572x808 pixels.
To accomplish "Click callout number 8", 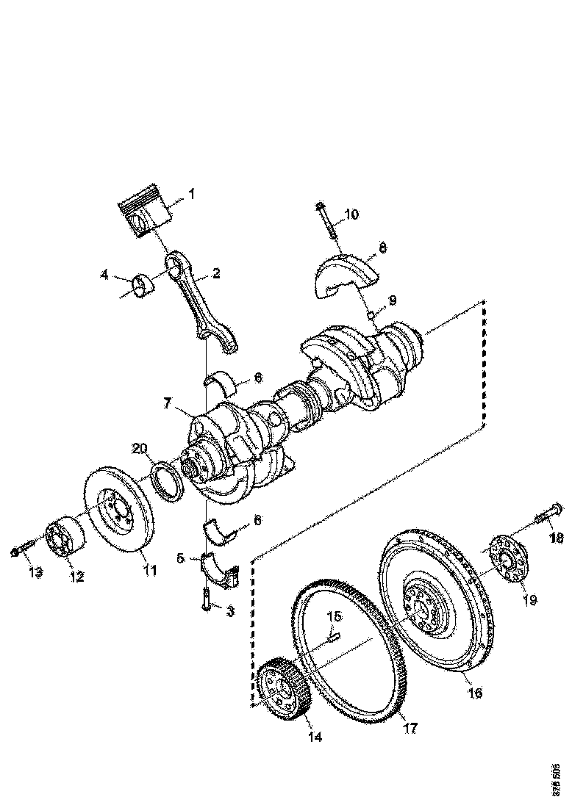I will click(383, 248).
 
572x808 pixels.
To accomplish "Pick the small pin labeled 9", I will click(371, 315).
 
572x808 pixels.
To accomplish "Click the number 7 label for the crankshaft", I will click(168, 403).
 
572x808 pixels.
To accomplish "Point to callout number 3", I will click(229, 610).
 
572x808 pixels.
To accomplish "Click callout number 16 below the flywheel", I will click(476, 693).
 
